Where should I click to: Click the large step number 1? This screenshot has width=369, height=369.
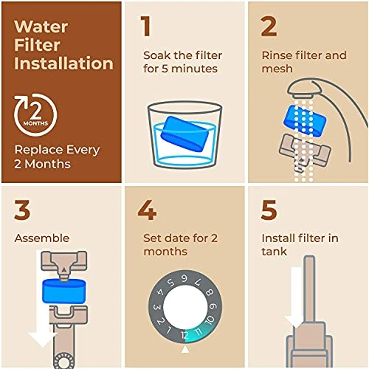pyautogui.click(x=146, y=27)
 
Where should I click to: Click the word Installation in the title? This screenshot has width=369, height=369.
pyautogui.click(x=63, y=63)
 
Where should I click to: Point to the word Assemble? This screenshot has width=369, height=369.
pyautogui.click(x=41, y=238)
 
